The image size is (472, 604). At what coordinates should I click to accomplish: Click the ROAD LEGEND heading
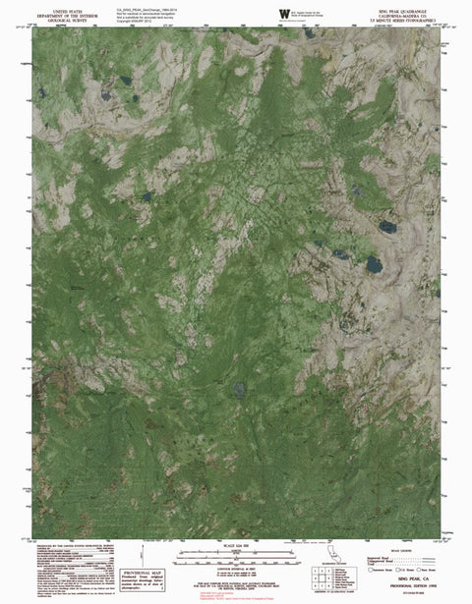pyautogui.click(x=401, y=551)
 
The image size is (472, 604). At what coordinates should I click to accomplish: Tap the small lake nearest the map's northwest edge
pyautogui.click(x=41, y=93)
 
